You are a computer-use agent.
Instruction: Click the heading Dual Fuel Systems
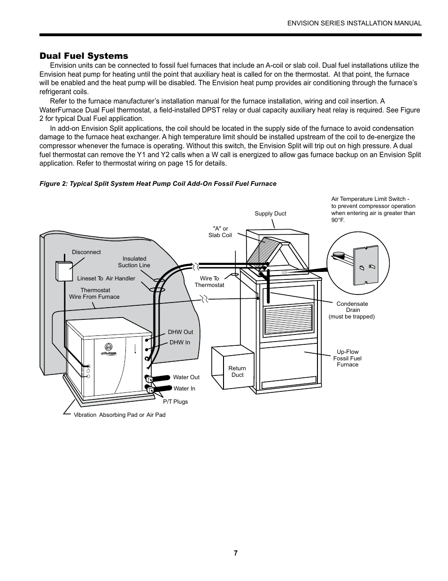click(x=84, y=56)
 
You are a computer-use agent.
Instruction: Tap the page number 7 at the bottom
click(x=236, y=553)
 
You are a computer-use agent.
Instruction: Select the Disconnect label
click(x=86, y=252)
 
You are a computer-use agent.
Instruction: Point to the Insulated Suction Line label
click(x=134, y=262)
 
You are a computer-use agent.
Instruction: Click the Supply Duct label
click(x=270, y=214)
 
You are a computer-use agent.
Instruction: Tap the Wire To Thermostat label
click(x=209, y=282)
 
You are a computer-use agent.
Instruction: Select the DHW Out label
click(x=180, y=332)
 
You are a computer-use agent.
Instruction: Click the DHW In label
click(x=179, y=342)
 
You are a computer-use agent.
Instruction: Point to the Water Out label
click(x=186, y=377)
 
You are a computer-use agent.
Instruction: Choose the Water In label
click(x=184, y=389)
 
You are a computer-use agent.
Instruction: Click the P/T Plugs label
click(x=175, y=402)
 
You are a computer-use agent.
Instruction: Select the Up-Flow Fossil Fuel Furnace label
click(x=348, y=358)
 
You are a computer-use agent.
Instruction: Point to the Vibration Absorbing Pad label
click(x=119, y=415)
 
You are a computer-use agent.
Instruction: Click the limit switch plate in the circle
click(x=365, y=266)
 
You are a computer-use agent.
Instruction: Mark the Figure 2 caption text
click(x=158, y=183)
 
